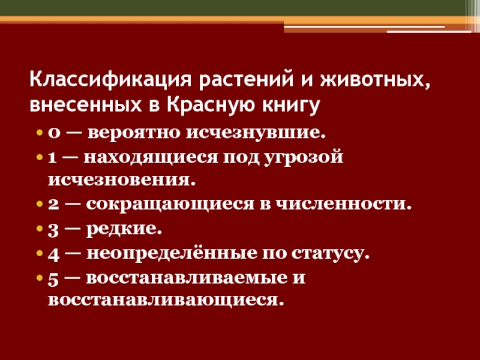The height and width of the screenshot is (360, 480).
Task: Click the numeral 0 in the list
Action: point(53,133)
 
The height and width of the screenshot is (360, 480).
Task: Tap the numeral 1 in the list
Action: point(52,158)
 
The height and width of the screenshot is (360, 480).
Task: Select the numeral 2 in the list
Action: point(53,204)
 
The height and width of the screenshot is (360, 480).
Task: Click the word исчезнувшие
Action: point(256,133)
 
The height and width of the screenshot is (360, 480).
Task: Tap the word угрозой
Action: point(303,158)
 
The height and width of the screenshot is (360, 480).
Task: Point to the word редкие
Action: point(124,229)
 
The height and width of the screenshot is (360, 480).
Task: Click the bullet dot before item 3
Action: point(40,229)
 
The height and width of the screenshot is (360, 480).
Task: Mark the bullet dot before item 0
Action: point(40,133)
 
